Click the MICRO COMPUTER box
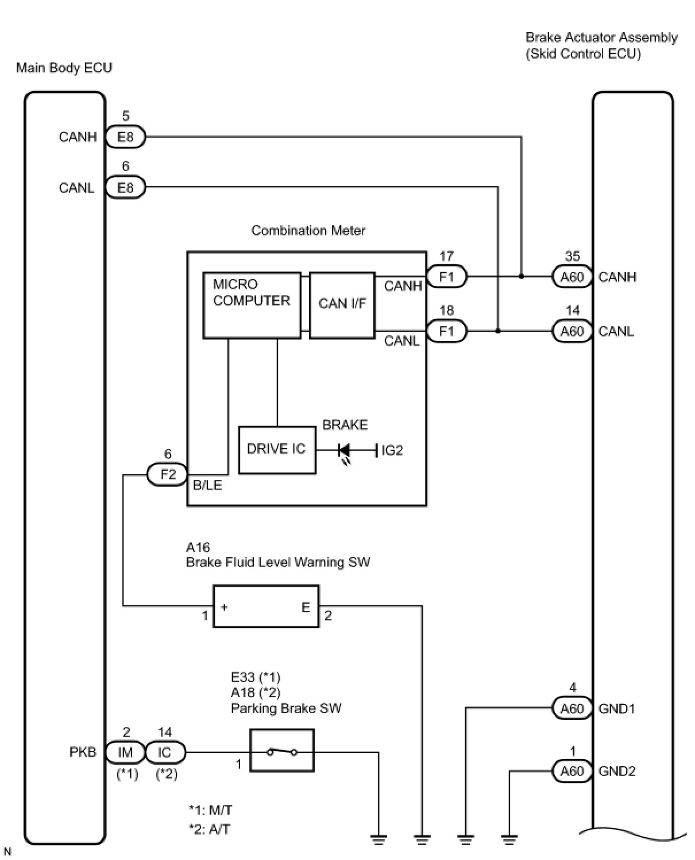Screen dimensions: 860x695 click(x=252, y=305)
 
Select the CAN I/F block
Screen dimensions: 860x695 click(x=342, y=305)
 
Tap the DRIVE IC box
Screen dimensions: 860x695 click(x=277, y=450)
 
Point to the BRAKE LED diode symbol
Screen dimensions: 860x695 click(x=344, y=450)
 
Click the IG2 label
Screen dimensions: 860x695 click(x=392, y=451)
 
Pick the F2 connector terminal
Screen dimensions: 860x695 click(x=167, y=475)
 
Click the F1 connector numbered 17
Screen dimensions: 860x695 click(x=446, y=277)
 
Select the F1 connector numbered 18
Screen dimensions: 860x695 click(x=446, y=331)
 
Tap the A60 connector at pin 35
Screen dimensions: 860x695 click(x=572, y=277)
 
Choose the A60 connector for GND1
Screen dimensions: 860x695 click(x=572, y=708)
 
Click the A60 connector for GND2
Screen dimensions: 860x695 click(x=572, y=771)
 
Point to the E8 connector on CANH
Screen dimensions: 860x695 click(x=125, y=137)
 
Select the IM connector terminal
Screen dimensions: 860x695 click(x=125, y=752)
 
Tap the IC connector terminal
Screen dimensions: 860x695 click(x=164, y=752)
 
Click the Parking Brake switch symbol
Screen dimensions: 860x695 click(x=282, y=751)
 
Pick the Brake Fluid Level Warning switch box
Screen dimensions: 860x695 click(x=265, y=606)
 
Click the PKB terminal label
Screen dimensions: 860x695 click(x=83, y=752)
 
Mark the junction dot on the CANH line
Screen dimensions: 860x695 click(x=521, y=277)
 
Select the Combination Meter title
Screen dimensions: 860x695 click(x=308, y=231)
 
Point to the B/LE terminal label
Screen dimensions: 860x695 click(x=207, y=486)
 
